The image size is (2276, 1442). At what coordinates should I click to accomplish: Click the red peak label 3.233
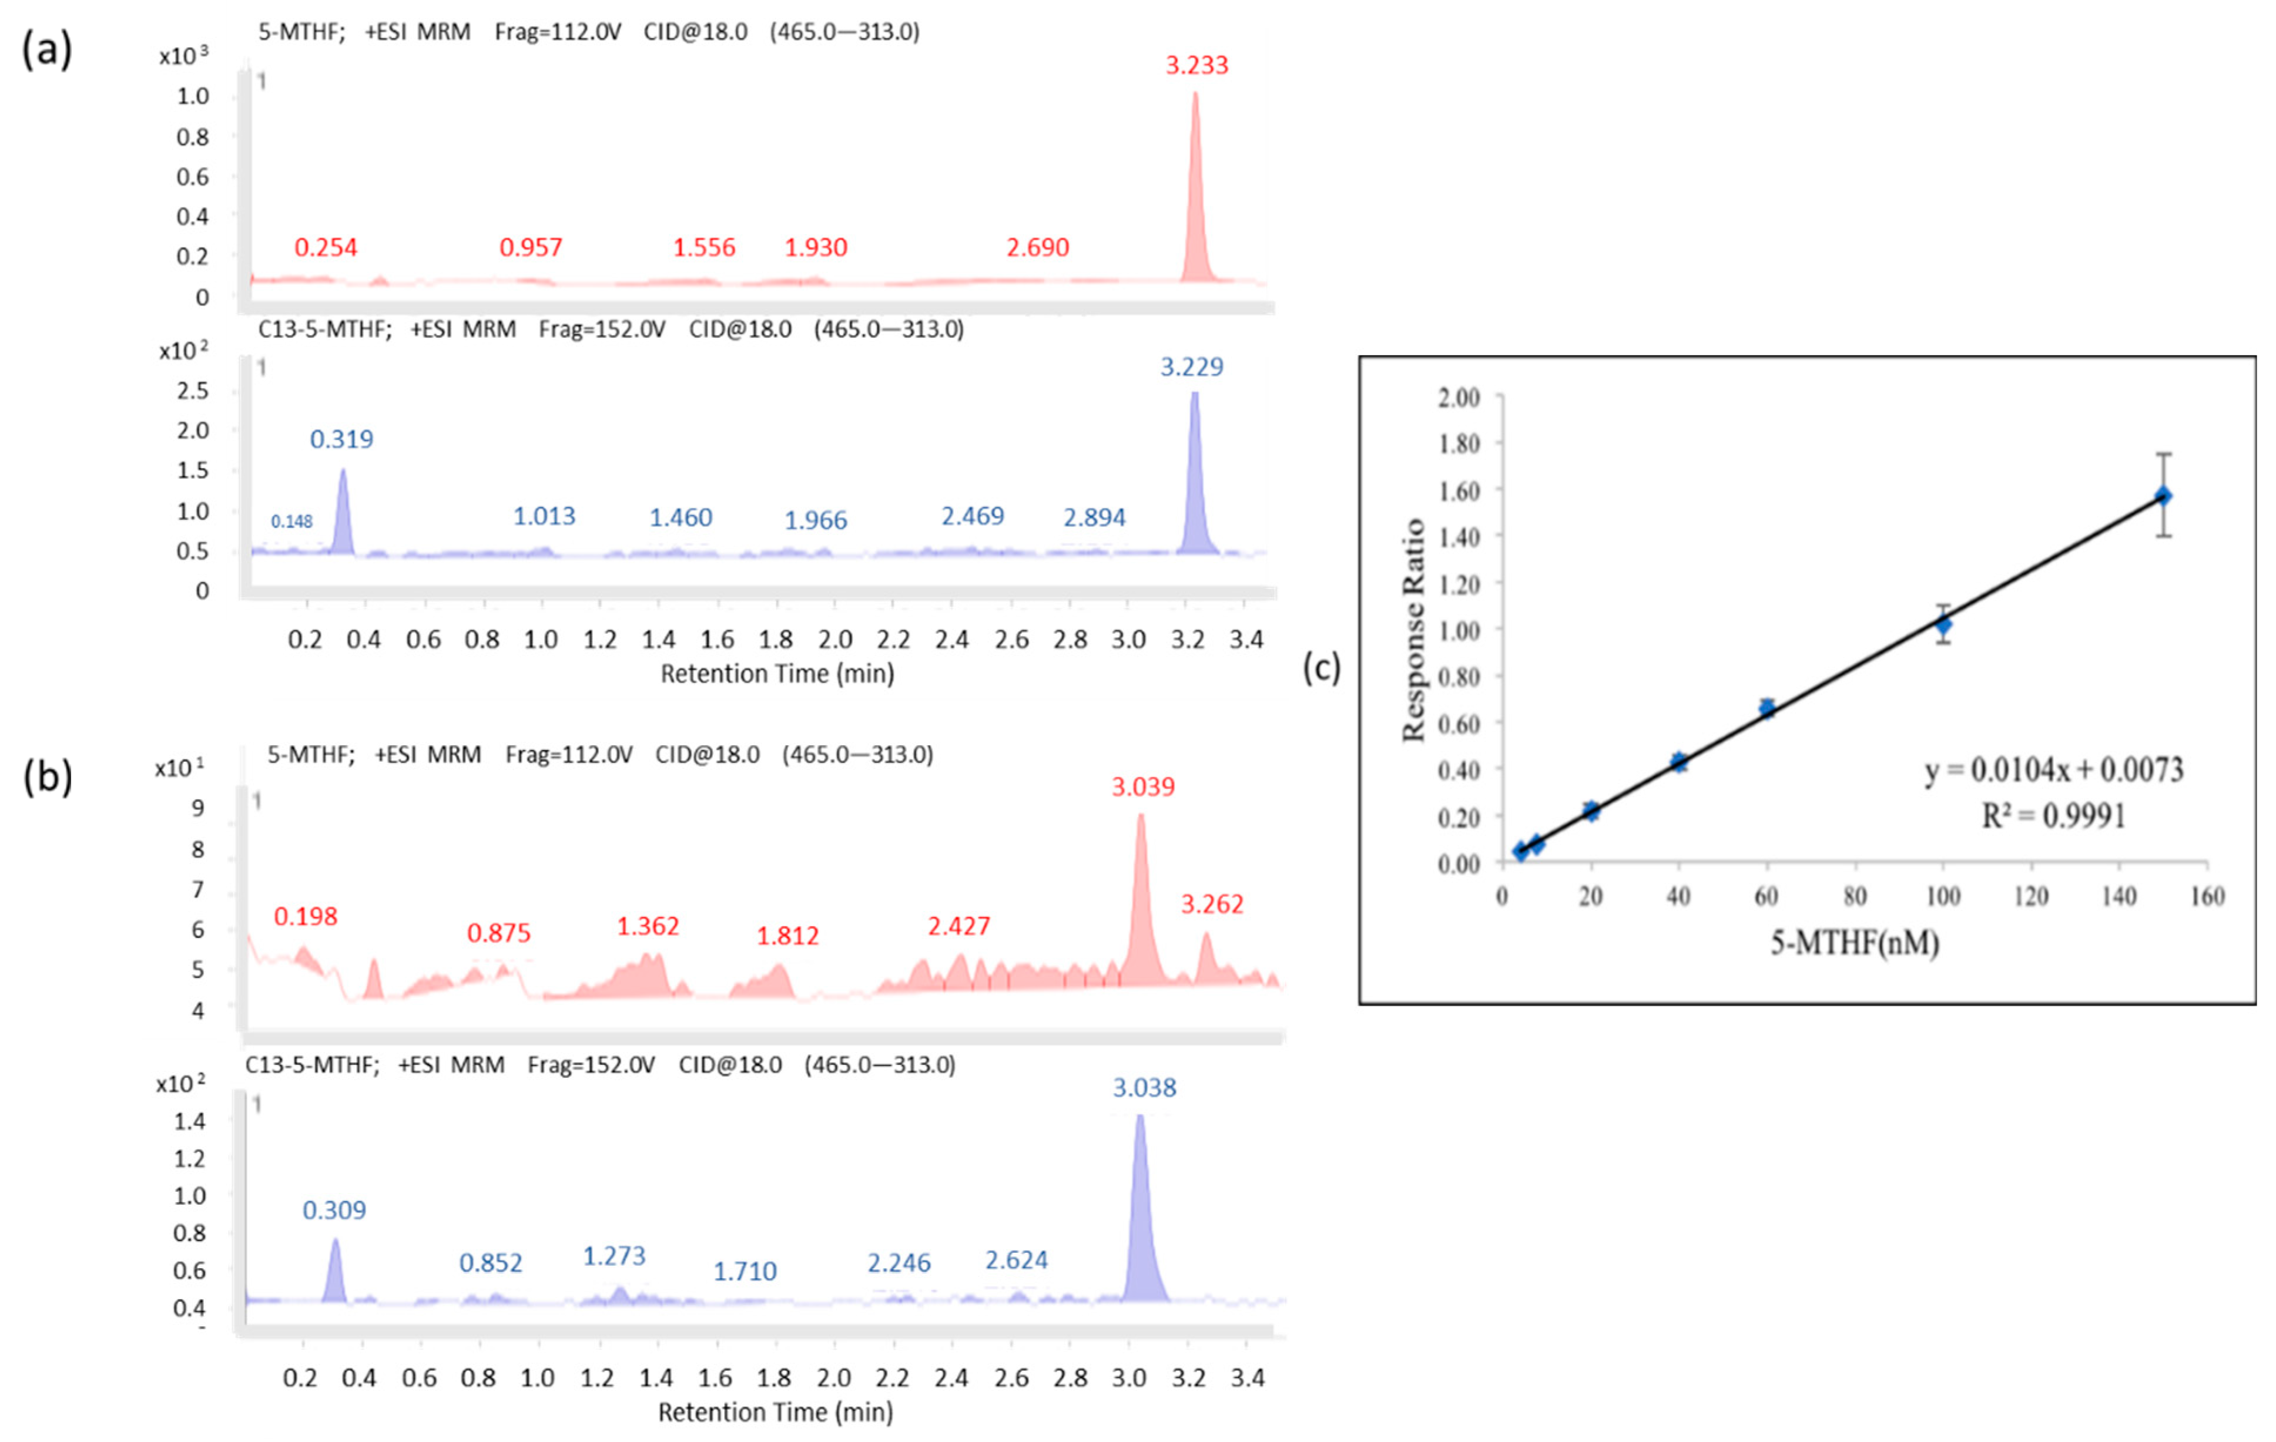(1196, 65)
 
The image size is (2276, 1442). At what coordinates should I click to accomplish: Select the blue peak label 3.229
(1192, 367)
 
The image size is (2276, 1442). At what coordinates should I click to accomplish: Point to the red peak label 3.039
(1143, 786)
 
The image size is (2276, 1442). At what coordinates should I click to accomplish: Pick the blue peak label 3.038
(1144, 1088)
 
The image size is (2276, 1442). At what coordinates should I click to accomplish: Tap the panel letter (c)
(1322, 667)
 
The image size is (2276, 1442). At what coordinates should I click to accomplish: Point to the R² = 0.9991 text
(2053, 815)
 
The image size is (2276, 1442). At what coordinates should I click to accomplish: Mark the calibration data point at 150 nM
(2163, 496)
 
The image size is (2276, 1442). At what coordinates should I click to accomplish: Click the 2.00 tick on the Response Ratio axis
(1459, 397)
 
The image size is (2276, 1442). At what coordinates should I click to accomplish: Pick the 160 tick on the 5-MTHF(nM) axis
(2207, 896)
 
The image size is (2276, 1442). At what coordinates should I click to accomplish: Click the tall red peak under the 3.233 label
(1196, 189)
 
